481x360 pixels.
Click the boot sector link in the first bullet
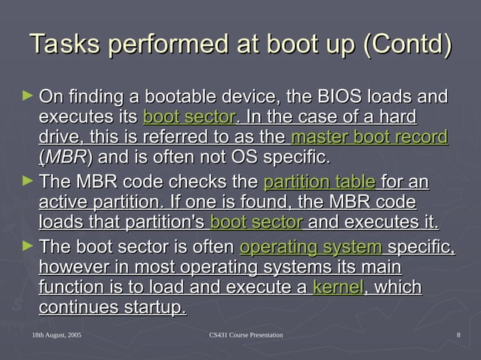(188, 118)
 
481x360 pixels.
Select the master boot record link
(369, 138)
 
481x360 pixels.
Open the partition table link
(320, 183)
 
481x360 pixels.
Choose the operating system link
(311, 248)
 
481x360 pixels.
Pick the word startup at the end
(154, 308)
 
